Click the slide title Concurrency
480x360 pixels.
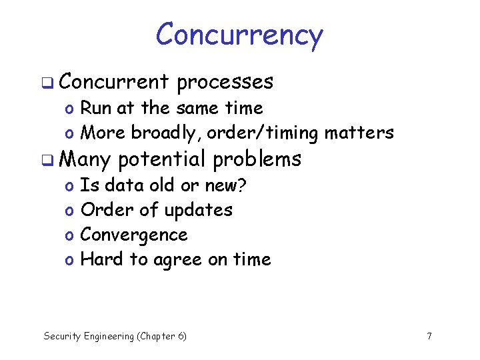239,35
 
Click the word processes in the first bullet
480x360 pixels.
225,82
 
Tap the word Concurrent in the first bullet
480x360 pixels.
117,82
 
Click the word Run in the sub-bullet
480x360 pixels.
96,108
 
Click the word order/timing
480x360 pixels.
263,133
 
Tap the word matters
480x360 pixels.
359,133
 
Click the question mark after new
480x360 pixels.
242,185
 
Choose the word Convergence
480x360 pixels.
134,235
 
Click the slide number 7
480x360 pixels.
429,336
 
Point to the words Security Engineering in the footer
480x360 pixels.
88,336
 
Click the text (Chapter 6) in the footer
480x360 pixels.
161,336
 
